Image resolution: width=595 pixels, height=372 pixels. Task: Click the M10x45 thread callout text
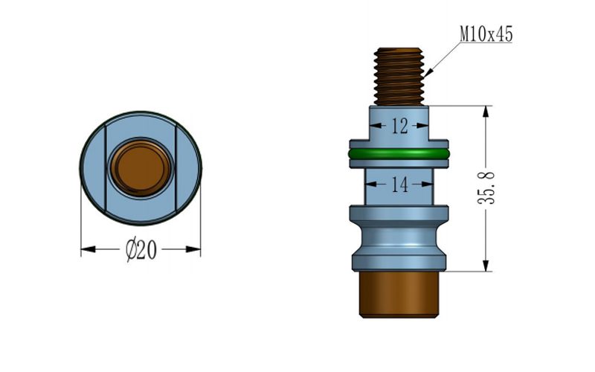486,34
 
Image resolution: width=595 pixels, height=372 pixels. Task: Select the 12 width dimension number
399,126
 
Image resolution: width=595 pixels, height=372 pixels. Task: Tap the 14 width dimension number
399,184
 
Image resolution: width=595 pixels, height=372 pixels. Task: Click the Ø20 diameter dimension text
141,251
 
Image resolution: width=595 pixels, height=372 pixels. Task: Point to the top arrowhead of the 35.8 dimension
486,111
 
